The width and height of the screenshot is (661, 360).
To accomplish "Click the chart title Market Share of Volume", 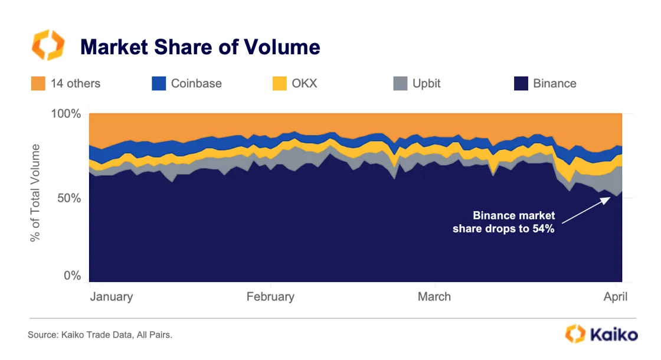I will pos(200,47).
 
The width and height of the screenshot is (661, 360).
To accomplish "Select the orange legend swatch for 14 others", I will pos(38,83).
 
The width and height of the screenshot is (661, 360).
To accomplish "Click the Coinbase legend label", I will pos(196,83).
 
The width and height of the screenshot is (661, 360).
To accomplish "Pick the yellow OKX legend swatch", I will pos(280,83).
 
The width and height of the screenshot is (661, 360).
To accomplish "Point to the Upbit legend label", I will pos(426,83).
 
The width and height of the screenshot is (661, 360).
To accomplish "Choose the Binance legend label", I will pos(554,83).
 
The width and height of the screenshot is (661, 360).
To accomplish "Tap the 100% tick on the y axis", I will pos(65,113).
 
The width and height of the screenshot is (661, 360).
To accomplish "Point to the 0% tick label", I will pos(71,276).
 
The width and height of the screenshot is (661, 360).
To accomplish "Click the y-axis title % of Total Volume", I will pos(36,193).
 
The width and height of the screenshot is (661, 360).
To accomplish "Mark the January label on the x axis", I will pos(111,297).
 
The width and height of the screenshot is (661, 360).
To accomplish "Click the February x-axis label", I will pos(270,297).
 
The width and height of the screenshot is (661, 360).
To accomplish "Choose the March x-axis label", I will pos(434,297).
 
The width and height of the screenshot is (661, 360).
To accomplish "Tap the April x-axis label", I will pos(616,297).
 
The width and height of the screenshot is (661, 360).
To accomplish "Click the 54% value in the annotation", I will pos(542,229).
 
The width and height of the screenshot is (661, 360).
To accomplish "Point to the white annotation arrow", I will pos(585,210).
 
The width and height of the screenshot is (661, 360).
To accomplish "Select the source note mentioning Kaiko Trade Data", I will pos(100,335).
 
